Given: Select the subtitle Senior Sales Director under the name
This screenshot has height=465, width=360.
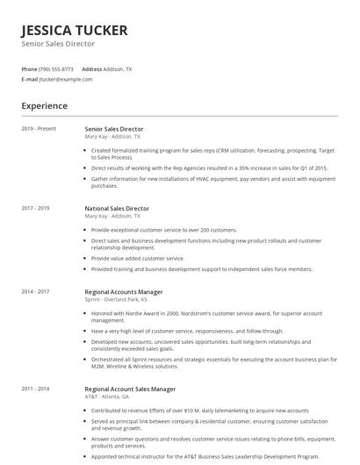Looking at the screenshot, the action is [58, 44].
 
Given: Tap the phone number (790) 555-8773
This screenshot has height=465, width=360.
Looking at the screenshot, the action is [57, 68].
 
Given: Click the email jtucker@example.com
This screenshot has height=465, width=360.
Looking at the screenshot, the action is [66, 79].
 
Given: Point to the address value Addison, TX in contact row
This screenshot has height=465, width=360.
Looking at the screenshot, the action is [118, 68].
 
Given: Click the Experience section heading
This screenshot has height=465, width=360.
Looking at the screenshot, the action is [45, 106].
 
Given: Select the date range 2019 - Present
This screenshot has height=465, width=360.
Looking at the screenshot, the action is [39, 129].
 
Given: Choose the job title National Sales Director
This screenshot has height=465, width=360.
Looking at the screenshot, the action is [117, 209].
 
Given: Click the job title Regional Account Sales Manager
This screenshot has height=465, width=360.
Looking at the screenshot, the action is [130, 388].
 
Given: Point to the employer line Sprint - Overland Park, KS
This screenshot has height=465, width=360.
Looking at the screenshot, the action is [116, 300].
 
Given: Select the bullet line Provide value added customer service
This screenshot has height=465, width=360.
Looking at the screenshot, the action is [138, 259].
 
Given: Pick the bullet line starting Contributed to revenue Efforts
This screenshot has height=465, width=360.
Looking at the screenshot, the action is [199, 410].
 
